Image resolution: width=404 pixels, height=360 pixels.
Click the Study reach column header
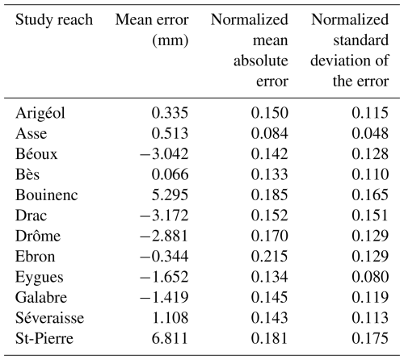point(54,20)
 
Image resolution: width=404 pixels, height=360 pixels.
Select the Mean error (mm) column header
point(152,30)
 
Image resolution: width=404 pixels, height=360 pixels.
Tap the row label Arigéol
point(40,113)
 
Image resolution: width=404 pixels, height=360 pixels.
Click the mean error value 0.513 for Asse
point(170,133)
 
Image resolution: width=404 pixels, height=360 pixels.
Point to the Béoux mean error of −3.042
point(164,154)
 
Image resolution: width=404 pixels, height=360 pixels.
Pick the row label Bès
point(27,174)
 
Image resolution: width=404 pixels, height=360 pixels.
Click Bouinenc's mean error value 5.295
point(170,195)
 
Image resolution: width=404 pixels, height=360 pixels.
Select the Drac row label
point(31,216)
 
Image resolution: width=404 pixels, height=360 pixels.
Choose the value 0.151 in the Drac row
point(370,216)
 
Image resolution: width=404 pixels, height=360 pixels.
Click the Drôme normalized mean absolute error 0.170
point(270,236)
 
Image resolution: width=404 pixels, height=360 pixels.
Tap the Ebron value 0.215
point(270,256)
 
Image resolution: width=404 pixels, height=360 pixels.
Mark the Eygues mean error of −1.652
point(164,277)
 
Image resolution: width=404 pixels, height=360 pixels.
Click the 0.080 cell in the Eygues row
point(370,277)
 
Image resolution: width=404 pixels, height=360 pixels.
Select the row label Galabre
point(41,297)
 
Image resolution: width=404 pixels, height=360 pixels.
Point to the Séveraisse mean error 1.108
point(170,318)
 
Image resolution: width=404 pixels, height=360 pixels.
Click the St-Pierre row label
point(44,338)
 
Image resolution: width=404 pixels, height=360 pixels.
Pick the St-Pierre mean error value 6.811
point(170,338)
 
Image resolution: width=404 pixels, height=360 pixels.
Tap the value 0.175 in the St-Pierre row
point(370,338)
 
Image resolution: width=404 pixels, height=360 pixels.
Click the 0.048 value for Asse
point(370,133)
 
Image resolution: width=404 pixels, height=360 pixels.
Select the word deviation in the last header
point(340,61)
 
